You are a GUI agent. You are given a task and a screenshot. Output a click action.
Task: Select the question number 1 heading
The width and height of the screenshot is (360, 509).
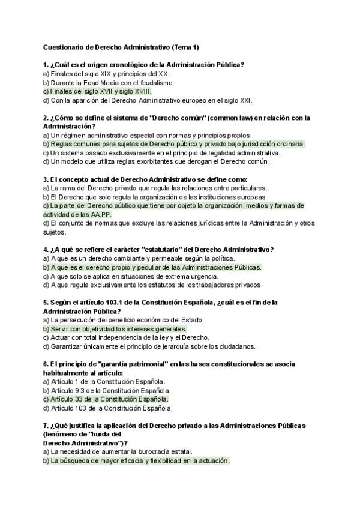pos(143,64)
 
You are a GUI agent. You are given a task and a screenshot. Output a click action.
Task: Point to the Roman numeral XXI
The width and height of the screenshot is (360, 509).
pos(244,100)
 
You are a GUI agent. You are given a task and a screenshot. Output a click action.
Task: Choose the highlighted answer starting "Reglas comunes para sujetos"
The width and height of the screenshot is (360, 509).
pos(174,144)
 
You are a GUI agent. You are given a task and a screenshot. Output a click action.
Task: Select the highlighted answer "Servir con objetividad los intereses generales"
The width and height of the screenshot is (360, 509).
pos(115,329)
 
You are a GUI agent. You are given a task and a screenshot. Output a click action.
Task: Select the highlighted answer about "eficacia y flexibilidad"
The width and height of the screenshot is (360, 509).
pos(136,460)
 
